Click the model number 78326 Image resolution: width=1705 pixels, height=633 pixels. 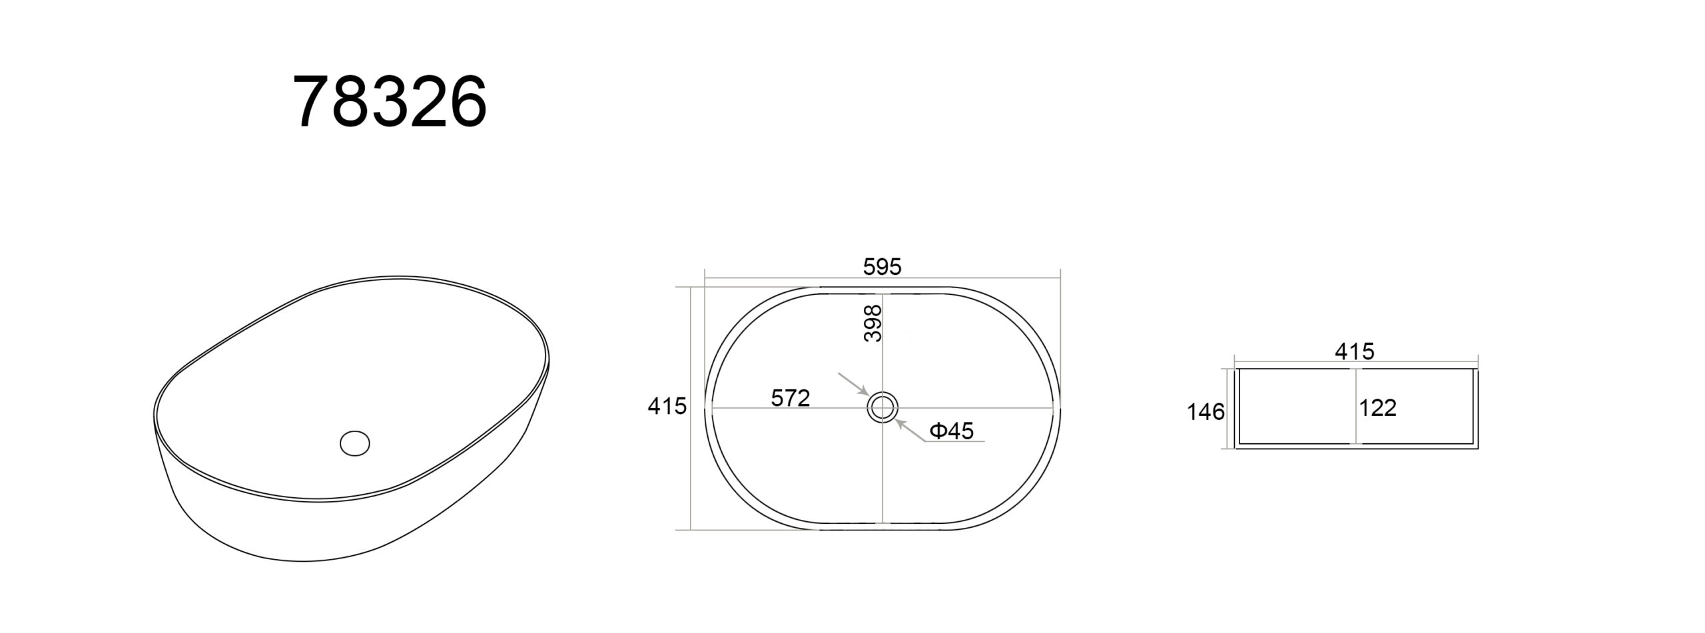click(390, 102)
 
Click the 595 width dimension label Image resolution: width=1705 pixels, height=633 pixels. click(882, 266)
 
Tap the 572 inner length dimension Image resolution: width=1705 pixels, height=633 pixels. click(791, 397)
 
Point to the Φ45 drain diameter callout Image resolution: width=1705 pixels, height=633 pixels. click(952, 431)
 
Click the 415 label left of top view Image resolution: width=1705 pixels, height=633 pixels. click(667, 405)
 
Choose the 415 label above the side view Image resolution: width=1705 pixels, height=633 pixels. click(1355, 351)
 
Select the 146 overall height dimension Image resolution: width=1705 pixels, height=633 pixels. click(1205, 412)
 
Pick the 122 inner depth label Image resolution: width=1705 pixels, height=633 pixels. click(1377, 407)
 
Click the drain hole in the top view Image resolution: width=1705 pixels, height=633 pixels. click(882, 407)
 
